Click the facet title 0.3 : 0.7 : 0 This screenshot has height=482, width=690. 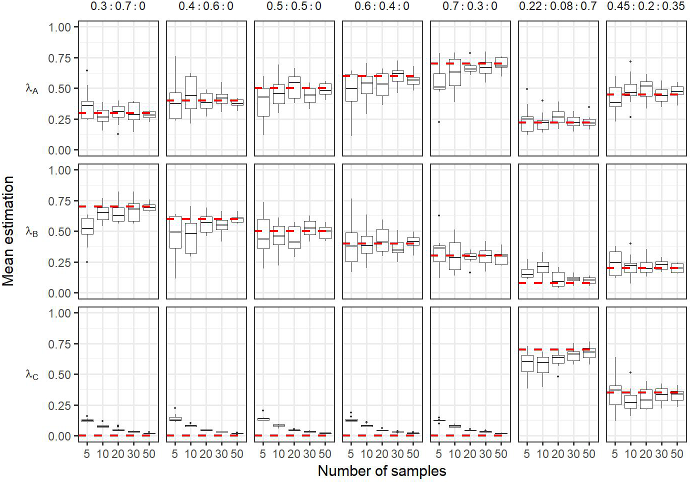pyautogui.click(x=118, y=6)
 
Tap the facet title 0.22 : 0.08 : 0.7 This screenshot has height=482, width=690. pyautogui.click(x=558, y=6)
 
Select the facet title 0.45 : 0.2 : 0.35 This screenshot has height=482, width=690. pyautogui.click(x=646, y=6)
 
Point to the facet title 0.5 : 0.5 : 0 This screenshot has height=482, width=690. pyautogui.click(x=294, y=6)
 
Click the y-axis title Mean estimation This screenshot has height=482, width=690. pyautogui.click(x=8, y=231)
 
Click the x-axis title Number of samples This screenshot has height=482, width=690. pyautogui.click(x=381, y=471)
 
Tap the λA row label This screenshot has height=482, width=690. pyautogui.click(x=32, y=89)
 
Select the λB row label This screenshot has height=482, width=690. pyautogui.click(x=32, y=231)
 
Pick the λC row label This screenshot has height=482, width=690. pyautogui.click(x=32, y=374)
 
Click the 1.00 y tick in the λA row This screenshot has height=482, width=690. pyautogui.click(x=59, y=27)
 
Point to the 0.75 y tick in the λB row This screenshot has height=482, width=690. pyautogui.click(x=59, y=201)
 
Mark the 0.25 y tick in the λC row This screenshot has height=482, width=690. pyautogui.click(x=59, y=405)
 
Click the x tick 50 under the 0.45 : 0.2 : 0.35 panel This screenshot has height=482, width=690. pyautogui.click(x=677, y=454)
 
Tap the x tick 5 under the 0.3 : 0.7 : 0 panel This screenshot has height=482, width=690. pyautogui.click(x=87, y=454)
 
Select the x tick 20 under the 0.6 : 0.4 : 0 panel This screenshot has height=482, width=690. pyautogui.click(x=382, y=454)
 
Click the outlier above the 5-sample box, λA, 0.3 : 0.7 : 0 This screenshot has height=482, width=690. pyautogui.click(x=87, y=70)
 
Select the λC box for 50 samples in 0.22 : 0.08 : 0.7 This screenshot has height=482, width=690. pyautogui.click(x=589, y=352)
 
